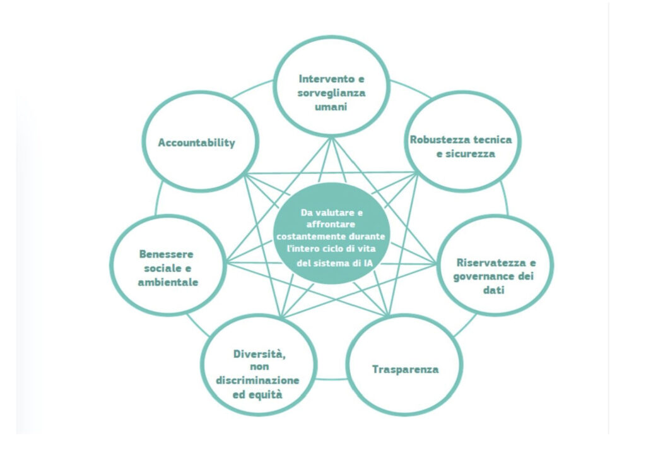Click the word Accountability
(196, 142)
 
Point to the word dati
(495, 290)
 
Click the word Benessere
(167, 254)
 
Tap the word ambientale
(168, 282)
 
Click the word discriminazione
(257, 381)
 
